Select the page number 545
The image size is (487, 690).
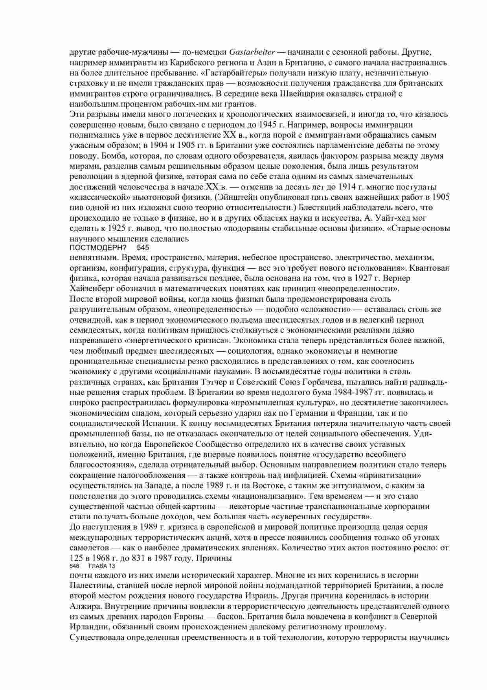[143, 248]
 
